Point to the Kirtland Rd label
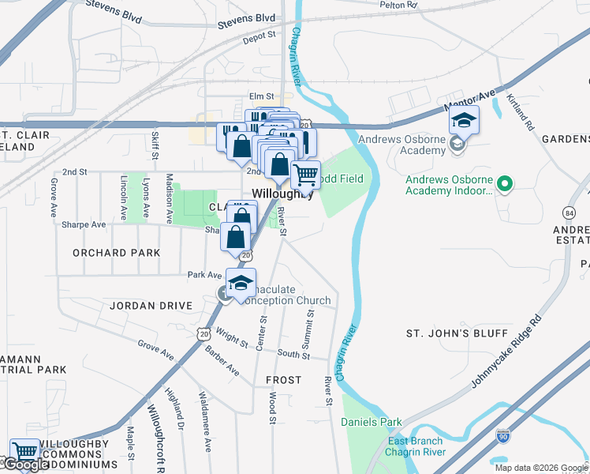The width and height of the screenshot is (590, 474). pyautogui.click(x=521, y=113)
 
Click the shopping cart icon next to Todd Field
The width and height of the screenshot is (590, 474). pyautogui.click(x=305, y=174)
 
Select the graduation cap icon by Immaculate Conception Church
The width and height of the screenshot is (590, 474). pyautogui.click(x=241, y=282)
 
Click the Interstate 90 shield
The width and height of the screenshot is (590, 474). pyautogui.click(x=503, y=434)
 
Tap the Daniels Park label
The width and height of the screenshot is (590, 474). pyautogui.click(x=371, y=422)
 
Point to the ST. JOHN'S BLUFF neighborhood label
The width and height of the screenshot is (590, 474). pyautogui.click(x=449, y=333)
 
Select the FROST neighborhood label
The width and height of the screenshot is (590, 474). pyautogui.click(x=283, y=380)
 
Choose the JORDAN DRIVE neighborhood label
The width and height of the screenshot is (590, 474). pyautogui.click(x=151, y=305)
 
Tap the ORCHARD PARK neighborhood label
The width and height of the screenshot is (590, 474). pyautogui.click(x=116, y=253)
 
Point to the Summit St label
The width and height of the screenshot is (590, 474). pyautogui.click(x=309, y=325)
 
